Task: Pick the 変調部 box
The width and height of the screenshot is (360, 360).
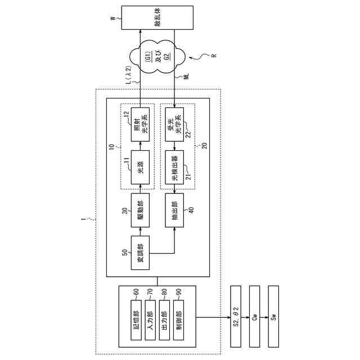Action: (141, 253)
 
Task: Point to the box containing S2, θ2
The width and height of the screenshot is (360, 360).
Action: (237, 317)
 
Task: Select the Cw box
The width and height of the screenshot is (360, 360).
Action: (255, 317)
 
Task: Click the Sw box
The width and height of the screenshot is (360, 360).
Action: (274, 317)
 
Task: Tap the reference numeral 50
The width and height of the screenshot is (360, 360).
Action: (125, 251)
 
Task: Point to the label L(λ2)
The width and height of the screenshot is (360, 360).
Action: (129, 75)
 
